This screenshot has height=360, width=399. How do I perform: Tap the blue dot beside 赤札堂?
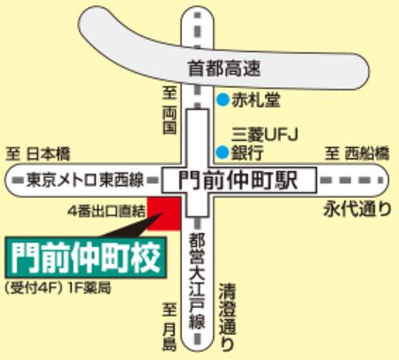[x=221, y=101]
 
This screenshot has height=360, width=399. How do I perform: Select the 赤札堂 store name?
[x=251, y=101]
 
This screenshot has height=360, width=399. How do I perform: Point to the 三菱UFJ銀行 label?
[x=260, y=142]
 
